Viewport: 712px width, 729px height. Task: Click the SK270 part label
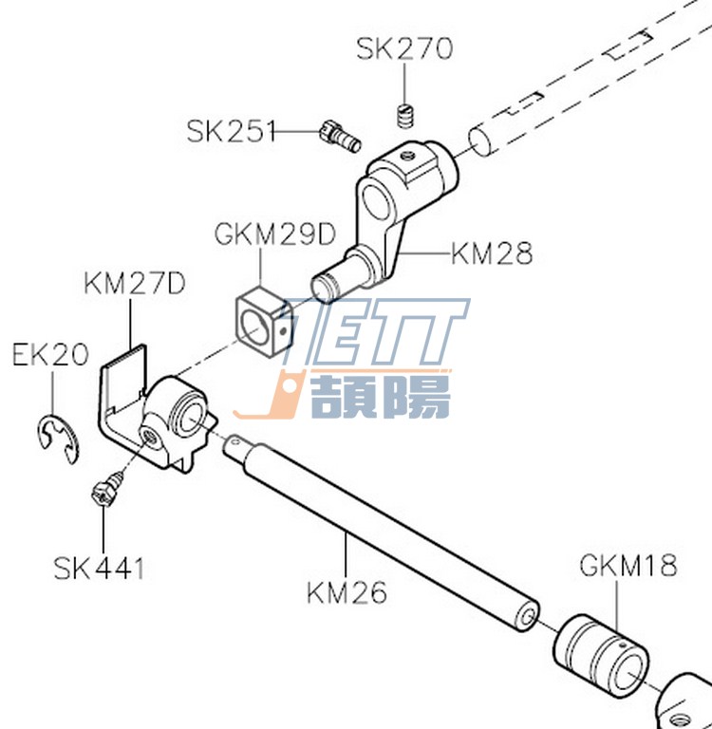point(404,48)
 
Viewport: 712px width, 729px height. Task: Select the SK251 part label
point(231,131)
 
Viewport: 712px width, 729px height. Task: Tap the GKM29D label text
point(275,234)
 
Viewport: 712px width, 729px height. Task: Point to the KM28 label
point(492,253)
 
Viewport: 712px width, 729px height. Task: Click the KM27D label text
point(135,283)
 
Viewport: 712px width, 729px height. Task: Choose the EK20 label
point(50,354)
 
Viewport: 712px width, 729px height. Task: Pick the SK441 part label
point(99,569)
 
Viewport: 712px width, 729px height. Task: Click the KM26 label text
point(347,592)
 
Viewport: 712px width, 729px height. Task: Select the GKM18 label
point(628,566)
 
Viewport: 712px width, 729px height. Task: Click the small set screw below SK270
point(406,115)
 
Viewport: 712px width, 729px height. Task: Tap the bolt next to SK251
point(341,136)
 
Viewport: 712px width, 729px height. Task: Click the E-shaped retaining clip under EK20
point(59,437)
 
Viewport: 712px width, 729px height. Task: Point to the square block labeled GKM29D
point(264,322)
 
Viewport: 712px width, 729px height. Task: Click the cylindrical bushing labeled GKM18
point(601,654)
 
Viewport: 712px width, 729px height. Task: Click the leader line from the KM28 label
point(424,253)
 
